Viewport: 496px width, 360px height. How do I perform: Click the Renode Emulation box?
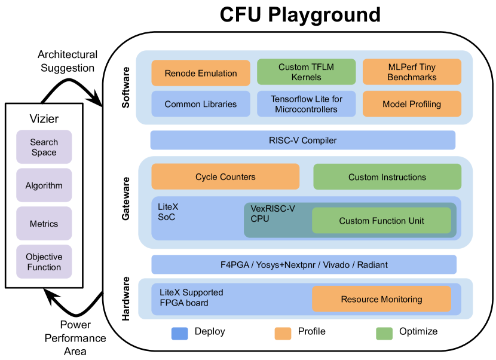pyautogui.click(x=201, y=73)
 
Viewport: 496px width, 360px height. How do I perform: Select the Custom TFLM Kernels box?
pyautogui.click(x=306, y=72)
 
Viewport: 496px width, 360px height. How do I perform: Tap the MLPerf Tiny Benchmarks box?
pyautogui.click(x=412, y=72)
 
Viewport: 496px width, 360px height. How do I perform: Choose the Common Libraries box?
pyautogui.click(x=201, y=104)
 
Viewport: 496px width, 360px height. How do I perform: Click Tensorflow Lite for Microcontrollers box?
pyautogui.click(x=306, y=104)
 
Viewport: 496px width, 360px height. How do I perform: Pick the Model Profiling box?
pyautogui.click(x=412, y=104)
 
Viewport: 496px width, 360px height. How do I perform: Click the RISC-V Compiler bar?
pyautogui.click(x=302, y=141)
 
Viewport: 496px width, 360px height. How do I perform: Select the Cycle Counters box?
pyautogui.click(x=225, y=177)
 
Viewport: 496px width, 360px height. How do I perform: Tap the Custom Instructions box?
pyautogui.click(x=387, y=177)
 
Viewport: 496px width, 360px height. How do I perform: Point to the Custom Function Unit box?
pyautogui.click(x=381, y=221)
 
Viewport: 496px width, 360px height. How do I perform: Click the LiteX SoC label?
pyautogui.click(x=168, y=212)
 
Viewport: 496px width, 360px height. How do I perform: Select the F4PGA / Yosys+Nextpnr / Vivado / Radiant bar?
pyautogui.click(x=304, y=265)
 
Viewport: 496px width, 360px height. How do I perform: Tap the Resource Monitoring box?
pyautogui.click(x=381, y=299)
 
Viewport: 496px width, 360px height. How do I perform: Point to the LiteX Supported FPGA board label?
pyautogui.click(x=191, y=298)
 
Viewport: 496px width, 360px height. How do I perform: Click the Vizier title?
pyautogui.click(x=44, y=118)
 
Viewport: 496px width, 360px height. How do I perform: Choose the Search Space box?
pyautogui.click(x=44, y=147)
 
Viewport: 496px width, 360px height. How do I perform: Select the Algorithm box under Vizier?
pyautogui.click(x=44, y=186)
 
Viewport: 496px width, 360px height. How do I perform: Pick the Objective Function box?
pyautogui.click(x=44, y=262)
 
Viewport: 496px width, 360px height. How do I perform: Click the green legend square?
pyautogui.click(x=384, y=334)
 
